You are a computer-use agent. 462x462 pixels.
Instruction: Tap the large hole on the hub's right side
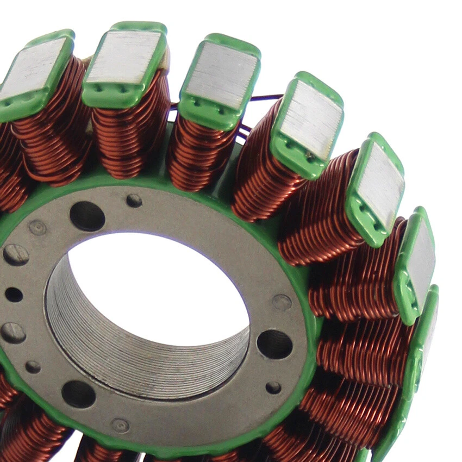(274, 344)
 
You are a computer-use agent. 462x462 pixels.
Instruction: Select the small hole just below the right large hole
(273, 387)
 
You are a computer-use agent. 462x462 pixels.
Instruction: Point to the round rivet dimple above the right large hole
(282, 302)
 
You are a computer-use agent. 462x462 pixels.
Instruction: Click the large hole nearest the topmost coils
(87, 216)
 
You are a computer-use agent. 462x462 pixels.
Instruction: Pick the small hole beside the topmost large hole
(134, 201)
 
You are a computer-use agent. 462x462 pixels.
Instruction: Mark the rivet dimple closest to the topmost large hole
(38, 227)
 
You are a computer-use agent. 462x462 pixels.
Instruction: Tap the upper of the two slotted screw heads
(15, 254)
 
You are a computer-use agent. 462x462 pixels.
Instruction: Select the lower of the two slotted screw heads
(13, 333)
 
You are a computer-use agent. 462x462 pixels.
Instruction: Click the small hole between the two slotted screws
(14, 295)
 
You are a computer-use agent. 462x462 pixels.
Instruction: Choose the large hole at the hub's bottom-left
(78, 394)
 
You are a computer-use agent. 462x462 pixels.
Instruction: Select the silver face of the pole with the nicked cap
(311, 121)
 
